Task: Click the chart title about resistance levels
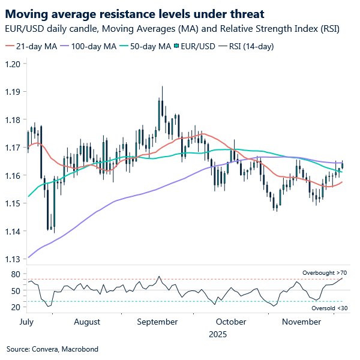[x=135, y=13]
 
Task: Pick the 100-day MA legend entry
[x=90, y=46]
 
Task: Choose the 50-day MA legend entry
[x=146, y=46]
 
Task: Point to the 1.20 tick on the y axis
[x=13, y=64]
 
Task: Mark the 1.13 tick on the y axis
[x=13, y=259]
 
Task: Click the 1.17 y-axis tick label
[x=13, y=147]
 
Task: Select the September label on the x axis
[x=157, y=322]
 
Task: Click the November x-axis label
[x=301, y=322]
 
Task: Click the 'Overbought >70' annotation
[x=324, y=273]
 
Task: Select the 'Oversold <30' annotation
[x=329, y=308]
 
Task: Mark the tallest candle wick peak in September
[x=162, y=86]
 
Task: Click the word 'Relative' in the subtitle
[x=215, y=28]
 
